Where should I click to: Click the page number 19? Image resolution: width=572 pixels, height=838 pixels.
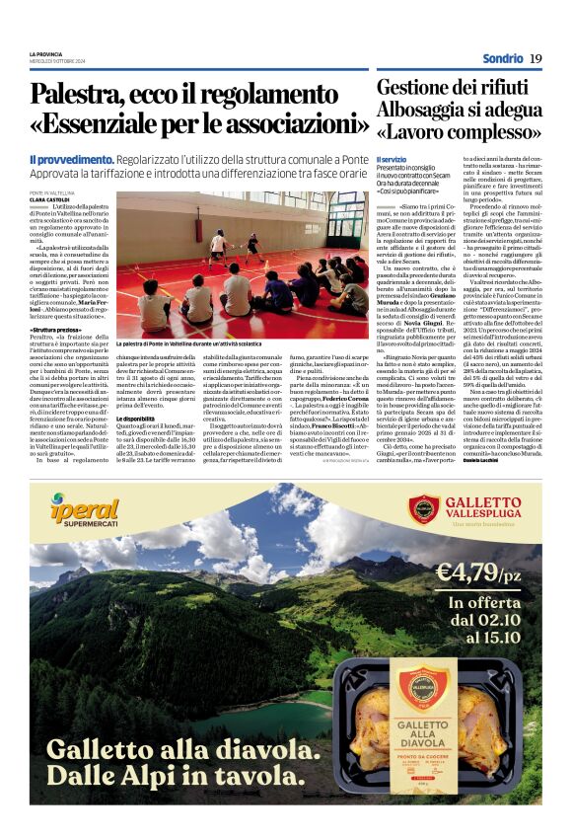[x=535, y=58]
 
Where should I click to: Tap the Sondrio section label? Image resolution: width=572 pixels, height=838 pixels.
[x=502, y=58]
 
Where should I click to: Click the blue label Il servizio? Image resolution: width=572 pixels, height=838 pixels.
[x=392, y=159]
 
